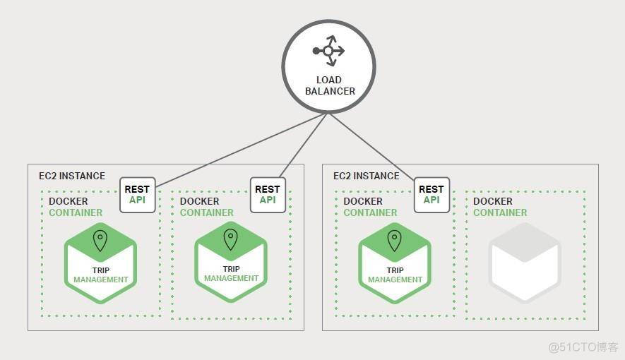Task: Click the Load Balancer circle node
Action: point(328,67)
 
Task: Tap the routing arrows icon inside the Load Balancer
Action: point(328,50)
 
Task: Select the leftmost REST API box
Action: point(137,194)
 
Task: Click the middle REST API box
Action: point(268,194)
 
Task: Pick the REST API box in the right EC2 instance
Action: point(431,194)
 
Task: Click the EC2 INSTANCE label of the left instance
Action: point(71,176)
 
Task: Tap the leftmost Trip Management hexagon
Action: point(100,263)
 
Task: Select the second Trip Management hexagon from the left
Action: point(231,262)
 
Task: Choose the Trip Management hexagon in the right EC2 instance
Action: point(395,263)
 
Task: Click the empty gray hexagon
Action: point(525,263)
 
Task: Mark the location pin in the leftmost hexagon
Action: point(100,241)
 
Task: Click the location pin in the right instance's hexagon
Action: point(395,241)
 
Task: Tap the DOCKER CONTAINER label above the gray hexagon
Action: point(500,207)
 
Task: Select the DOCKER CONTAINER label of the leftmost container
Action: point(75,207)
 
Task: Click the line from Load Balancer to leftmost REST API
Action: point(240,150)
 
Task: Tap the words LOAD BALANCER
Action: point(329,85)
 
